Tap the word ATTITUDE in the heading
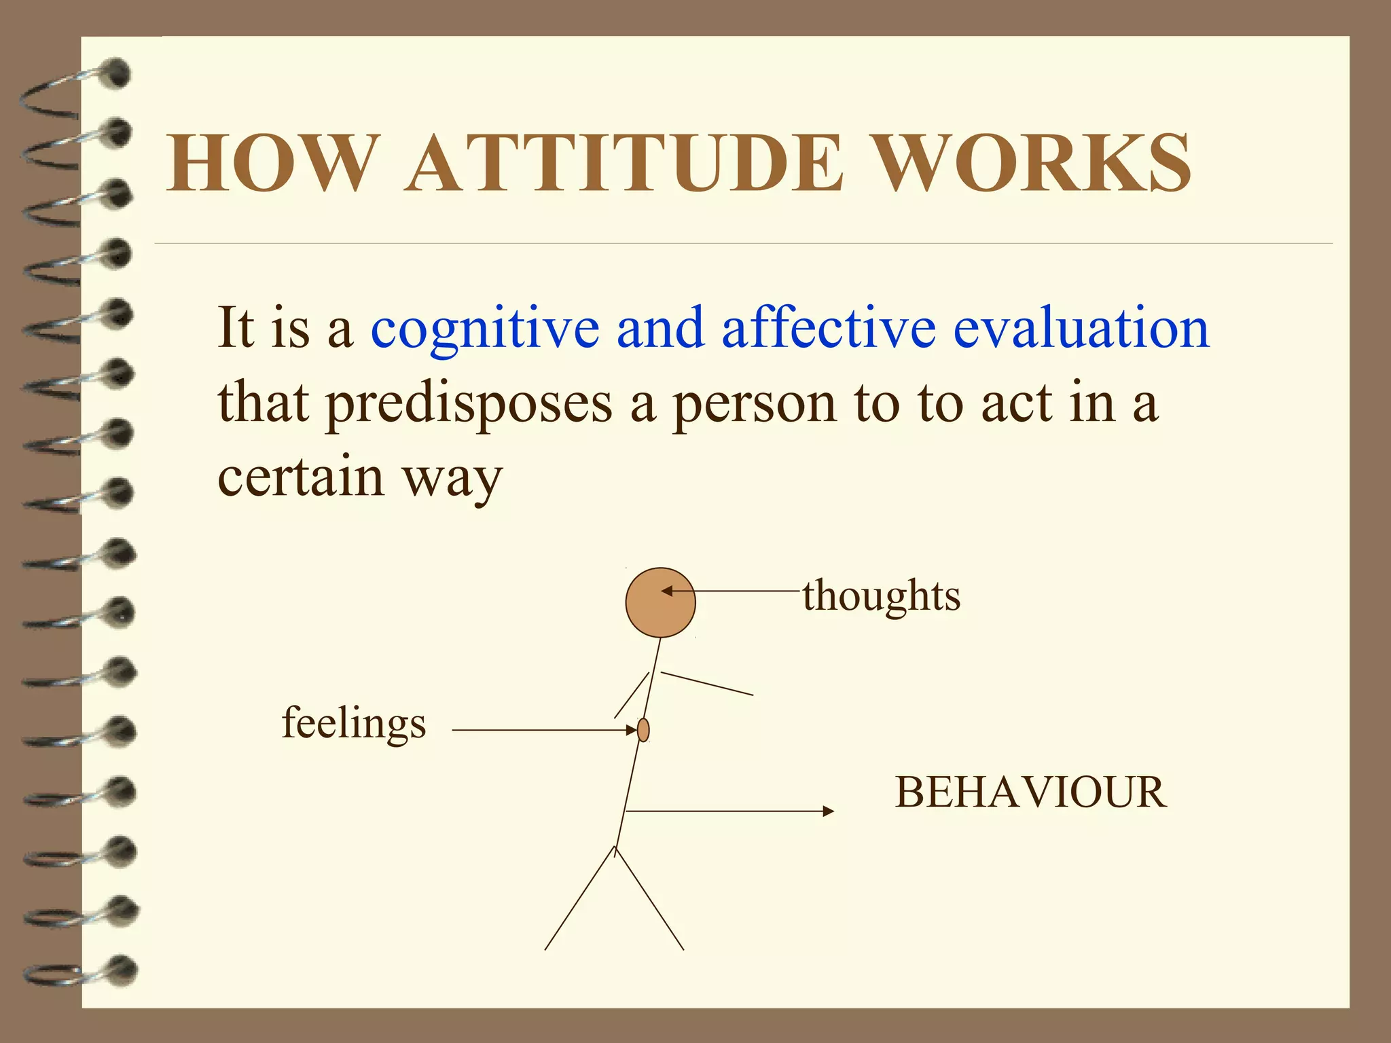point(625,163)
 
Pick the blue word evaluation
point(1081,328)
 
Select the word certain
point(301,477)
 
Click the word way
point(453,481)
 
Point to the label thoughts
point(882,596)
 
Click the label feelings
point(354,724)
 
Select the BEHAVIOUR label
point(1031,792)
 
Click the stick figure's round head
point(660,603)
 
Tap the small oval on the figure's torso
point(643,730)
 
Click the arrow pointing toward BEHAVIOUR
point(730,811)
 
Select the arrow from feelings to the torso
point(543,731)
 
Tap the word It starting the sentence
point(235,328)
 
